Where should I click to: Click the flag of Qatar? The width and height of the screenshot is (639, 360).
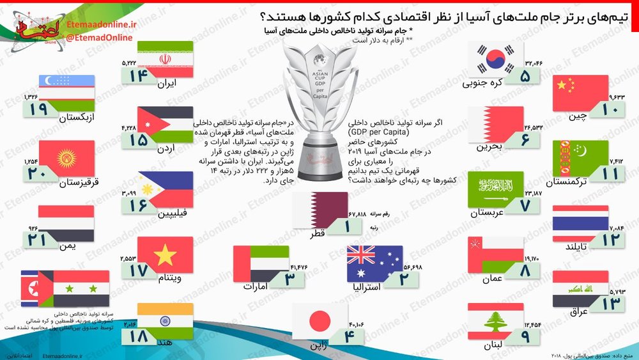pos(320,210)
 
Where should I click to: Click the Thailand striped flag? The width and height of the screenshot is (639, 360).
pos(580,223)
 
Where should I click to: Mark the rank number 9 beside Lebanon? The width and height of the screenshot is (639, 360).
pos(525,336)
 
